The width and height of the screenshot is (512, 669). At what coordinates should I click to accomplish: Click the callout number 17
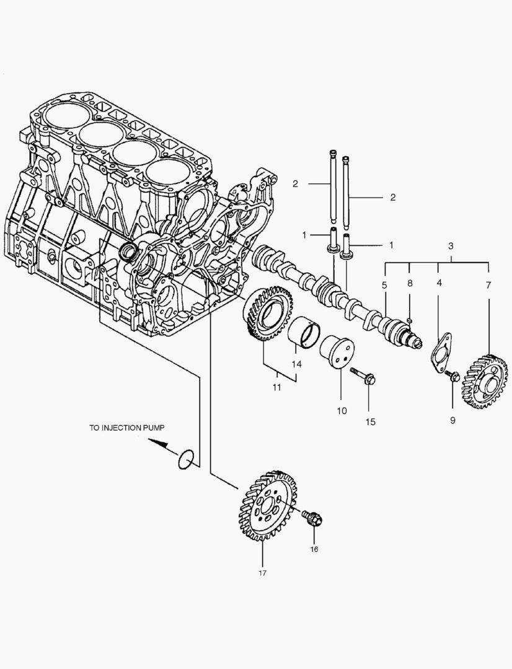262,574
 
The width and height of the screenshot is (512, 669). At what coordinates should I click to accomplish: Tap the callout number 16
314,549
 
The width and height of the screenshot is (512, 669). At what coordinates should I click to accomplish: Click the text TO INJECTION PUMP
127,427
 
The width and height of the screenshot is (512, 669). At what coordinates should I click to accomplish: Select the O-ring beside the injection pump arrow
187,460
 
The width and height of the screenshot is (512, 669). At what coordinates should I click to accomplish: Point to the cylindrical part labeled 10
337,354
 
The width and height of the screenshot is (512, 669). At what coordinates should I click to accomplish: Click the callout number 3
451,245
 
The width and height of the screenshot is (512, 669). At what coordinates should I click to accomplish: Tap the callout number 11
276,388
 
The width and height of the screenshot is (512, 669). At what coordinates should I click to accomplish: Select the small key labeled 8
410,320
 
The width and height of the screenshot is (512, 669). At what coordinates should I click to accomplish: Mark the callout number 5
384,285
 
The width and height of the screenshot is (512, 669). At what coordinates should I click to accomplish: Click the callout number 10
340,411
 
